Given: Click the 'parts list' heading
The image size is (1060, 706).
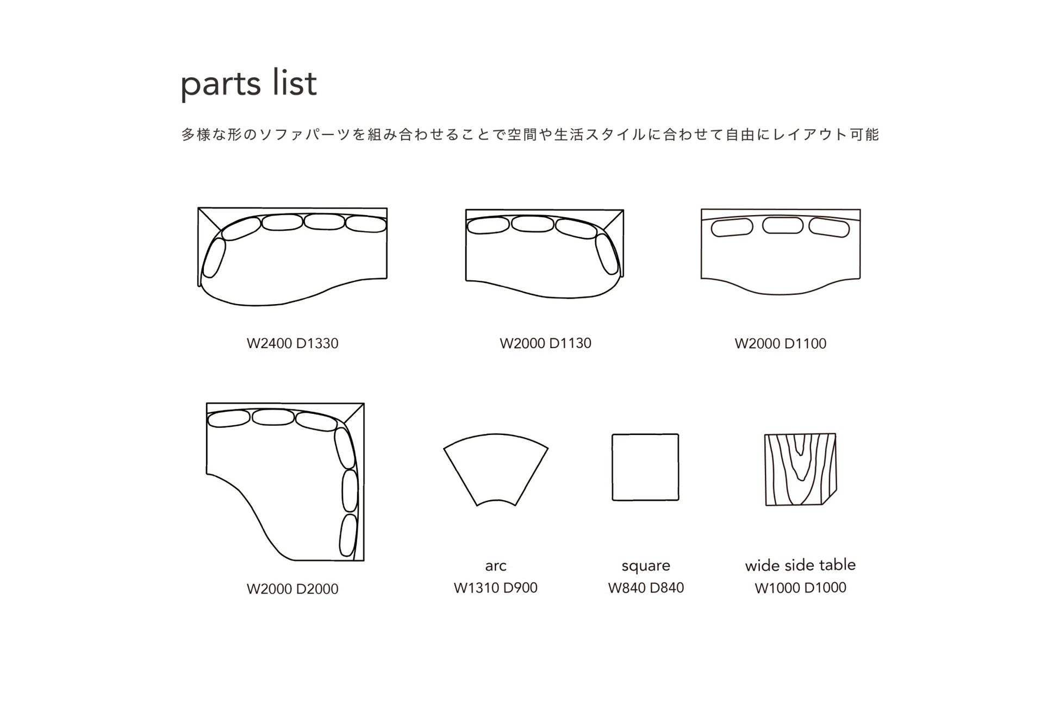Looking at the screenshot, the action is pyautogui.click(x=248, y=84).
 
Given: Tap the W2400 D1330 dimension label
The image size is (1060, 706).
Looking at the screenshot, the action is pyautogui.click(x=292, y=343).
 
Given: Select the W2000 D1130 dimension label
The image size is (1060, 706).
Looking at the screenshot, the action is pyautogui.click(x=545, y=343).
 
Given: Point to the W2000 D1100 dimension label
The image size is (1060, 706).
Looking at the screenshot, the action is pyautogui.click(x=780, y=343).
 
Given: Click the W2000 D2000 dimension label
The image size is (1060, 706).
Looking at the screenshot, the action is pyautogui.click(x=292, y=589).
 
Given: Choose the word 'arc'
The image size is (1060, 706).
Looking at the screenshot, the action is pyautogui.click(x=496, y=566).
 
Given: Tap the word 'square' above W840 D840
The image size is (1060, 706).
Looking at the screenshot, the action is pyautogui.click(x=646, y=566).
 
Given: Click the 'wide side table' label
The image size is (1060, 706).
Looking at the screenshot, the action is pyautogui.click(x=800, y=565).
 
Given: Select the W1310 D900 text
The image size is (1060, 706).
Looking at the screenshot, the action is pyautogui.click(x=496, y=588).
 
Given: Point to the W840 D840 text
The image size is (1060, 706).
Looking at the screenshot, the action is pyautogui.click(x=646, y=588).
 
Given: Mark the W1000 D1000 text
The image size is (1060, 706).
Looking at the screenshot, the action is pyautogui.click(x=800, y=588).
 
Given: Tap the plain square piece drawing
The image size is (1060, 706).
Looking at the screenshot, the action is pyautogui.click(x=645, y=467).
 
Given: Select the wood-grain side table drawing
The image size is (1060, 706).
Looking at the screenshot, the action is pyautogui.click(x=800, y=469).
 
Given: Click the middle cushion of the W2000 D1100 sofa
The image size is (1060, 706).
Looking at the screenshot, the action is pyautogui.click(x=782, y=225).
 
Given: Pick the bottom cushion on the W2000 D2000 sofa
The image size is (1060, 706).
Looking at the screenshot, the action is pyautogui.click(x=348, y=535).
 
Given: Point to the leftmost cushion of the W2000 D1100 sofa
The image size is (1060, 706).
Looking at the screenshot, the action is pyautogui.click(x=732, y=228).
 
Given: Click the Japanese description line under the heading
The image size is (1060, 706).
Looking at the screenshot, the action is pyautogui.click(x=530, y=135).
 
